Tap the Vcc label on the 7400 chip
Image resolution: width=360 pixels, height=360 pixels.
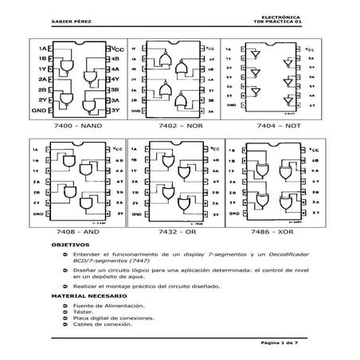click(119, 49)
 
